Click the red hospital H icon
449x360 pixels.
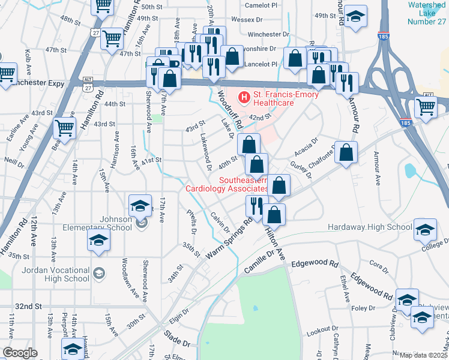(x=244, y=96)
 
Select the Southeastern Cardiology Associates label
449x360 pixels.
(x=227, y=184)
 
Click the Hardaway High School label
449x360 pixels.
(x=370, y=227)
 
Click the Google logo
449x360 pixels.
(x=20, y=353)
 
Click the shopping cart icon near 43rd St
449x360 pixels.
(x=64, y=127)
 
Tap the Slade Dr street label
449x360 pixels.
(x=177, y=340)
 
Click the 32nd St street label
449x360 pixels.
(x=28, y=305)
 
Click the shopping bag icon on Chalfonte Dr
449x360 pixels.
(x=346, y=153)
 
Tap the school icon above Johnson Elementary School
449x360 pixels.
(x=140, y=205)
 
